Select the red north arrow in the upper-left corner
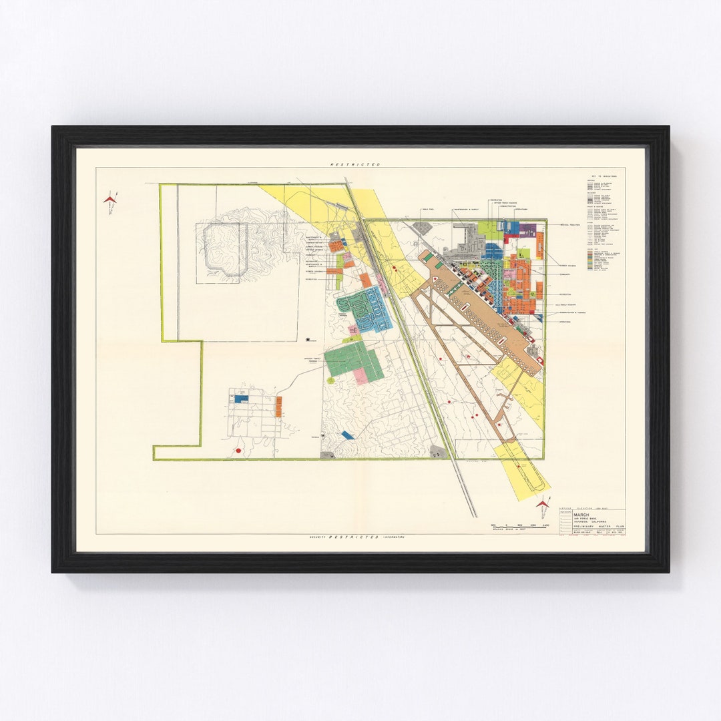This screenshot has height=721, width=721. [x=110, y=199]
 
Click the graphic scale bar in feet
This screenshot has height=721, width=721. [x=519, y=527]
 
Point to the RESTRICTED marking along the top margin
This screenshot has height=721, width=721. [x=354, y=164]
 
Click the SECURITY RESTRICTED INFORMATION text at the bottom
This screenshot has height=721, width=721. [x=356, y=537]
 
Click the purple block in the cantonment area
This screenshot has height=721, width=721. [x=528, y=230]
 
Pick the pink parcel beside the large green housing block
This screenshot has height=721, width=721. [x=360, y=376]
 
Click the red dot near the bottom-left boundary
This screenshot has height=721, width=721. [x=238, y=451]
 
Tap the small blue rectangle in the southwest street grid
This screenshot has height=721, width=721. [x=241, y=399]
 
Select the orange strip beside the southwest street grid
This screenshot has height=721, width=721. [x=278, y=406]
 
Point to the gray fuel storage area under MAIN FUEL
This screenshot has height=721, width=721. [x=422, y=228]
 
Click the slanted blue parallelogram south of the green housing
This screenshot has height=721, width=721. [x=347, y=435]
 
